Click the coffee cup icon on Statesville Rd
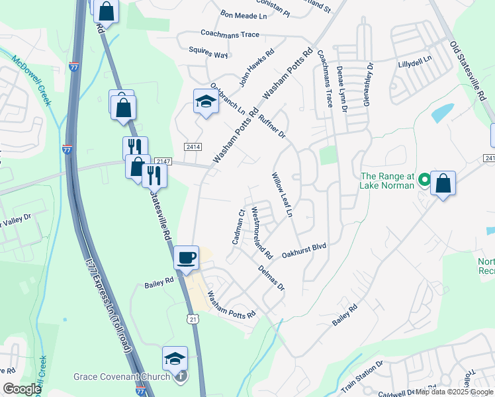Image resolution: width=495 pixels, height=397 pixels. pyautogui.click(x=187, y=257)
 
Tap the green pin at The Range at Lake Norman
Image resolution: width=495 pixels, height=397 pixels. pyautogui.click(x=424, y=179)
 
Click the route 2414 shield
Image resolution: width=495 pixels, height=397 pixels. pyautogui.click(x=193, y=146)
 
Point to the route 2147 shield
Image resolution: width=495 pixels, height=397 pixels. pyautogui.click(x=163, y=161)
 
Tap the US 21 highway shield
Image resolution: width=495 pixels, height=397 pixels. pyautogui.click(x=193, y=318)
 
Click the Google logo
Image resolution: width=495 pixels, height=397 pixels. pyautogui.click(x=22, y=389)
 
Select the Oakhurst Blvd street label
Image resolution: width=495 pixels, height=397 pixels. pyautogui.click(x=304, y=249)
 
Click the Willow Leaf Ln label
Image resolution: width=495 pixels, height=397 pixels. pyautogui.click(x=282, y=195)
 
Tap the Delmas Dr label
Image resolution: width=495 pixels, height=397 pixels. pyautogui.click(x=271, y=279)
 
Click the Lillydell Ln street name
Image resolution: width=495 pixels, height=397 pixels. pyautogui.click(x=414, y=59)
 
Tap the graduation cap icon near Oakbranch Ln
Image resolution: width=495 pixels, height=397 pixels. pyautogui.click(x=206, y=102)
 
